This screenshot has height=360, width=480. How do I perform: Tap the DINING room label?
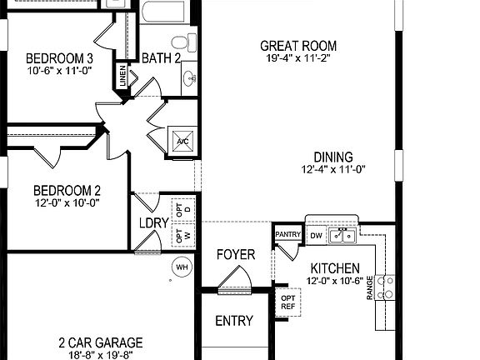[x=333, y=157]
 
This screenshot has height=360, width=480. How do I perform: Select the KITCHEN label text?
[x=335, y=268]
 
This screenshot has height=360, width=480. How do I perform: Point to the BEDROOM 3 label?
[x=59, y=58]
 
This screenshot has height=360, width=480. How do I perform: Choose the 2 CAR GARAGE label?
[x=100, y=342]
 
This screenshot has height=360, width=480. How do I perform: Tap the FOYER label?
[x=236, y=254]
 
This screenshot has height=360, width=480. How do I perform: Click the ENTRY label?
[x=234, y=321]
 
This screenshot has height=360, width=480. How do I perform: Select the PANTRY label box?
[x=287, y=235]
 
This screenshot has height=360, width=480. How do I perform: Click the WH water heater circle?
[x=181, y=267]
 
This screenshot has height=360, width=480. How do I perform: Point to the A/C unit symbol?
[x=182, y=140]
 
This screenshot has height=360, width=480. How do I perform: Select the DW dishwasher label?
[x=316, y=236]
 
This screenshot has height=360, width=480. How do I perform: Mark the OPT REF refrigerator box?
[x=288, y=302]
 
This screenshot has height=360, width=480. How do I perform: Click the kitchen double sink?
[x=342, y=237]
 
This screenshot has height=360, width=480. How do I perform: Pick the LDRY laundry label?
[x=154, y=223]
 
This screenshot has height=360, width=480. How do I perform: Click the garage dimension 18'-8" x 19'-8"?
[x=100, y=355]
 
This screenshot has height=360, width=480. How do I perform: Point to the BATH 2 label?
[x=161, y=58]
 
